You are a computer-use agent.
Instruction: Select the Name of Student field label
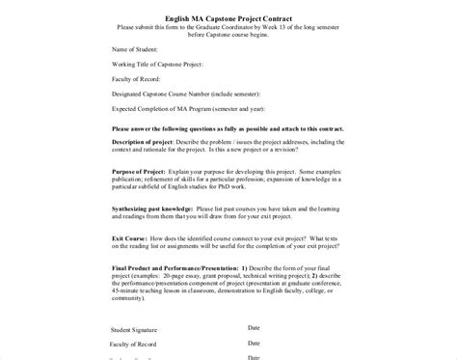[137, 47]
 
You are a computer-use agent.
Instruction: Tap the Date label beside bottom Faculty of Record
[255, 343]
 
